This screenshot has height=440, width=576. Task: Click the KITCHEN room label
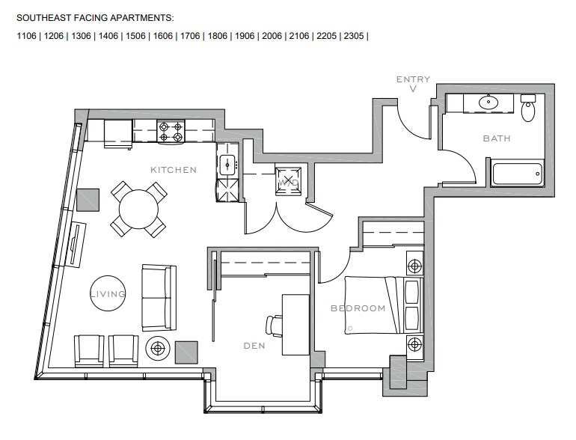tap(174, 170)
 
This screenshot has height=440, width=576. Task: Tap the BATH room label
tap(496, 138)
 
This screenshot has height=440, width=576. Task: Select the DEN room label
tap(254, 346)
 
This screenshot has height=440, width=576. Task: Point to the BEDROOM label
tap(358, 308)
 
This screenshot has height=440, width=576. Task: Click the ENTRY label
tap(413, 79)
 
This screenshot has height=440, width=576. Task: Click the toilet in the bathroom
tap(528, 107)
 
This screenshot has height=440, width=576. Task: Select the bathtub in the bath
tap(517, 174)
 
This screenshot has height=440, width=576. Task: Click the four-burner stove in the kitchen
tap(171, 132)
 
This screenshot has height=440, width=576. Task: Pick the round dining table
tap(138, 210)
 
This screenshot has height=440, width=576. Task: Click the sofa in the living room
tap(159, 297)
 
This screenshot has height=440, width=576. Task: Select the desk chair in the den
tap(273, 326)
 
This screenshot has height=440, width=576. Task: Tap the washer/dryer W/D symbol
tap(289, 181)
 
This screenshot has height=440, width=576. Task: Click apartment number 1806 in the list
tap(217, 36)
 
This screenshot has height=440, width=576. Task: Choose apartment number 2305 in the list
tap(353, 36)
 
